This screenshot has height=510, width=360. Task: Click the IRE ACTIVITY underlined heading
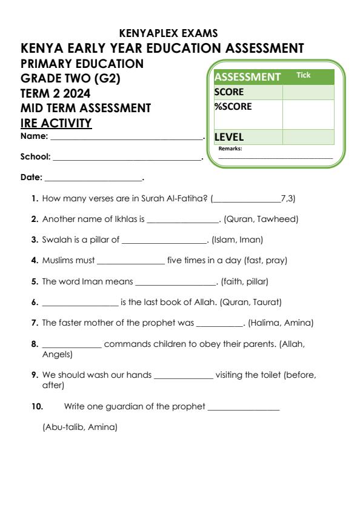56,124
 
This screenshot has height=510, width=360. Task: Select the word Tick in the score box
303,75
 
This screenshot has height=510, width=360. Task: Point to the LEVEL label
229,137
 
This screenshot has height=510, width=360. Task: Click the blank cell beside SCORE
308,92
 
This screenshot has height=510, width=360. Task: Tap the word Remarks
230,148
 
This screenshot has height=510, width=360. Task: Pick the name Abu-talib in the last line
63,428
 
